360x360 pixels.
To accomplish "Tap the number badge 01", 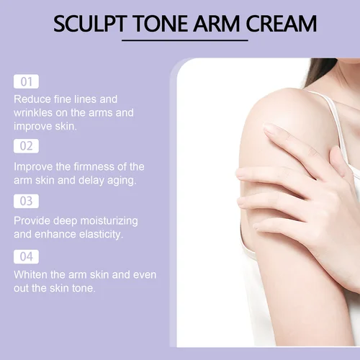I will tap(26, 81).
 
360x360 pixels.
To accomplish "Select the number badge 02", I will tap(26, 146).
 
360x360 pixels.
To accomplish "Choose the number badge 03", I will tap(26, 201).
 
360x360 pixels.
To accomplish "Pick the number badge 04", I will tap(26, 256).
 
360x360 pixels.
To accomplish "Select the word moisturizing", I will tap(105, 220).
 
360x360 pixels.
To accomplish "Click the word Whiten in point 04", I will tap(32, 275).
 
